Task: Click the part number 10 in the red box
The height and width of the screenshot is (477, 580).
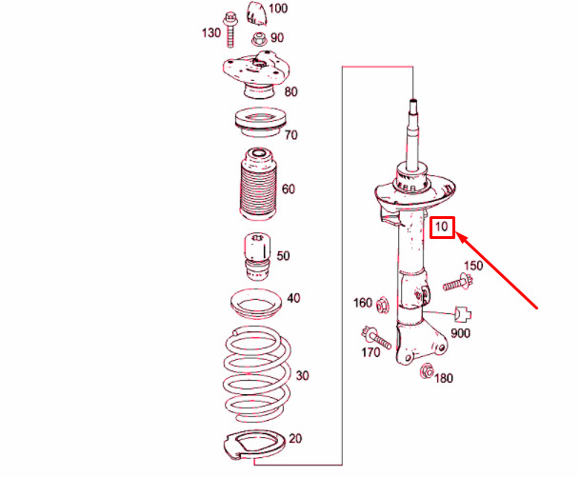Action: click(441, 227)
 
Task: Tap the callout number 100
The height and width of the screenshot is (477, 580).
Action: click(278, 9)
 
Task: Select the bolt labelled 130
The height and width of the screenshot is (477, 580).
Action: click(230, 30)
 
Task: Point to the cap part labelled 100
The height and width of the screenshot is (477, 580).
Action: click(257, 13)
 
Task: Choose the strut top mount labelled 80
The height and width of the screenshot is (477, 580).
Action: click(256, 74)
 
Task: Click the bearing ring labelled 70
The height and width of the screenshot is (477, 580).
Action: click(260, 122)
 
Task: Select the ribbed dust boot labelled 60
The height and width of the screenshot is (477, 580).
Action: click(258, 184)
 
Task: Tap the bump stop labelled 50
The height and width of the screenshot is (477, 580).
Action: click(257, 255)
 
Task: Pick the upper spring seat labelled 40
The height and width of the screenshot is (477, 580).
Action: click(255, 304)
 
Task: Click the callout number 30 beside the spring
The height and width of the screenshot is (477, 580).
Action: click(302, 376)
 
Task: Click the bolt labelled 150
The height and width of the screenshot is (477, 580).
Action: click(458, 283)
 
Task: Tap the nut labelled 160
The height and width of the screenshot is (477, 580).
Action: click(382, 307)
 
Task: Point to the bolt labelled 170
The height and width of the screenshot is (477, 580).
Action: click(376, 338)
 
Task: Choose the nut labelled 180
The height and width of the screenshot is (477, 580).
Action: click(427, 371)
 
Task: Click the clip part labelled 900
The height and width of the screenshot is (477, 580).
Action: click(463, 314)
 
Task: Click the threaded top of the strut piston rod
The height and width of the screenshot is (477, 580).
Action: click(413, 106)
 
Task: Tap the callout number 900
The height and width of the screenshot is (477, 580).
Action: click(461, 333)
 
